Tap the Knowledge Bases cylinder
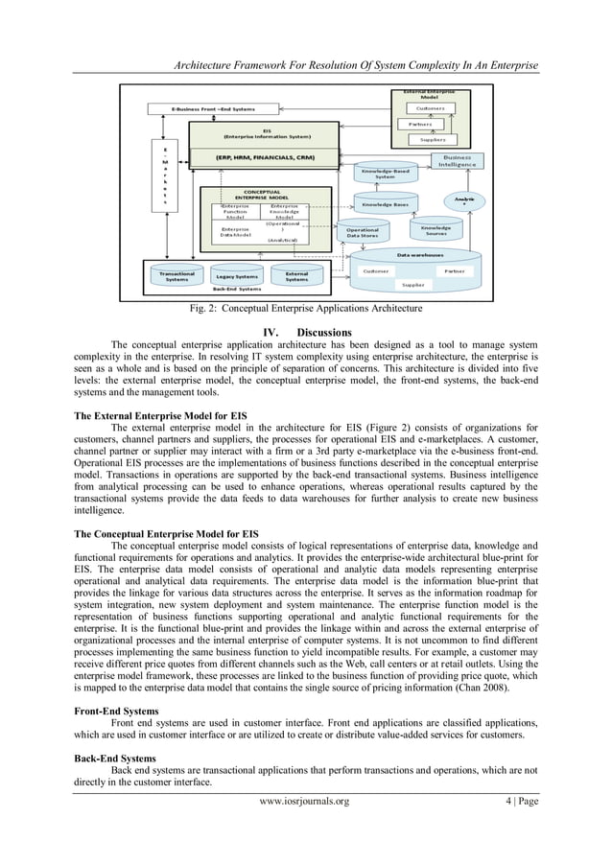pyautogui.click(x=383, y=204)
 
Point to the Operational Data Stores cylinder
pyautogui.click(x=362, y=233)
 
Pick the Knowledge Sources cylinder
pyautogui.click(x=437, y=231)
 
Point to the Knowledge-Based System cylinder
pyautogui.click(x=385, y=174)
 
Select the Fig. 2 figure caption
pyautogui.click(x=305, y=309)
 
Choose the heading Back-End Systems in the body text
pyautogui.click(x=114, y=757)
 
